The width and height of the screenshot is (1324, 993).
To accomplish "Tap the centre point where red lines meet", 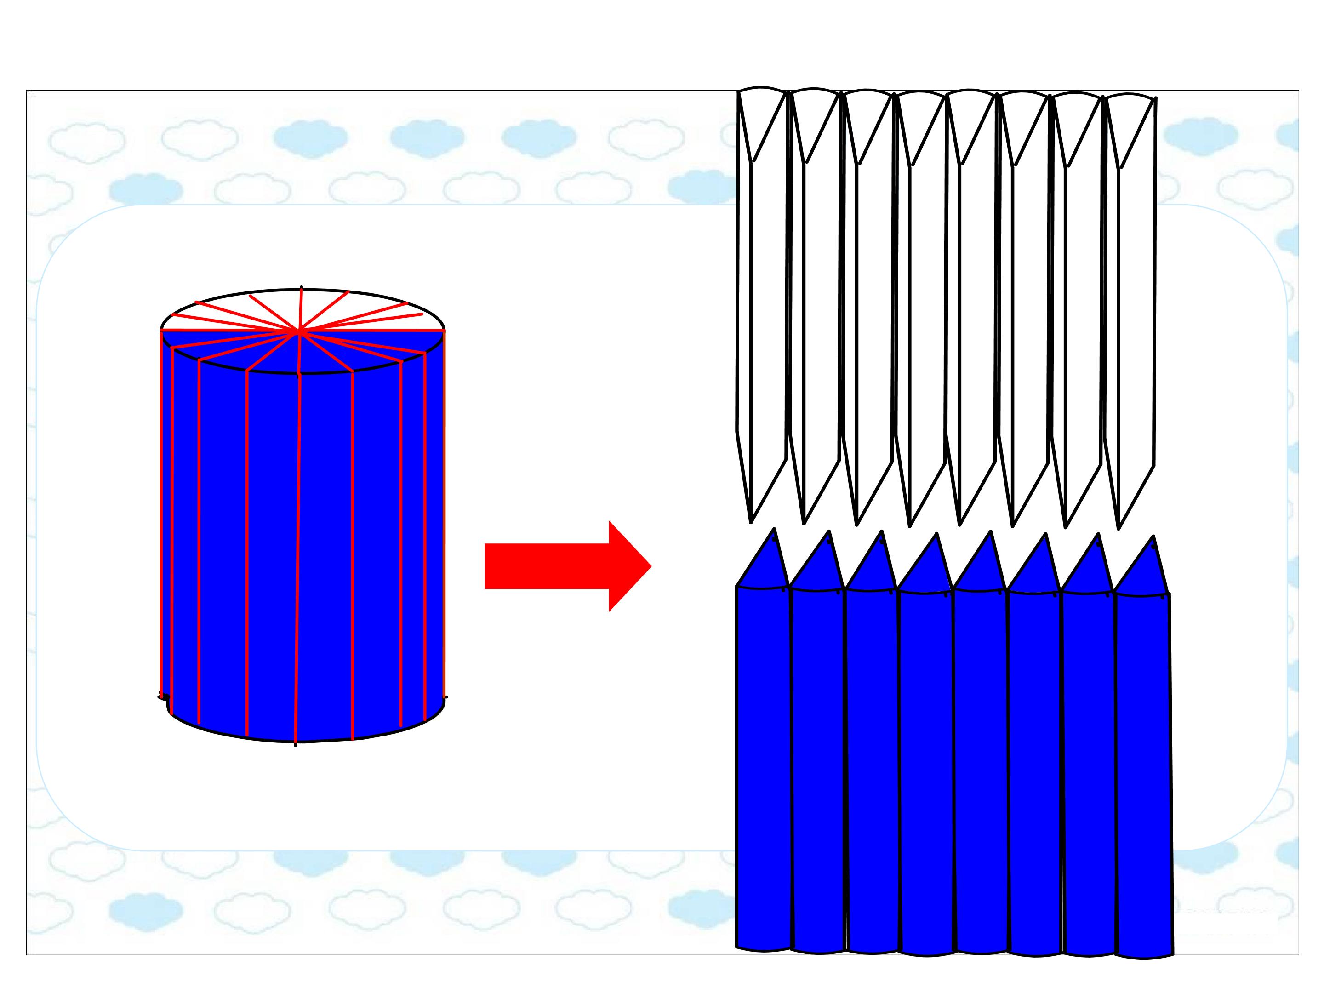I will pyautogui.click(x=299, y=330).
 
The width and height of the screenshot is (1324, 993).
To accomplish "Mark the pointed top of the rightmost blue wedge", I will pyautogui.click(x=1153, y=537).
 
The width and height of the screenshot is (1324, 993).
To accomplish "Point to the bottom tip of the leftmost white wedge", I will pyautogui.click(x=751, y=521).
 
